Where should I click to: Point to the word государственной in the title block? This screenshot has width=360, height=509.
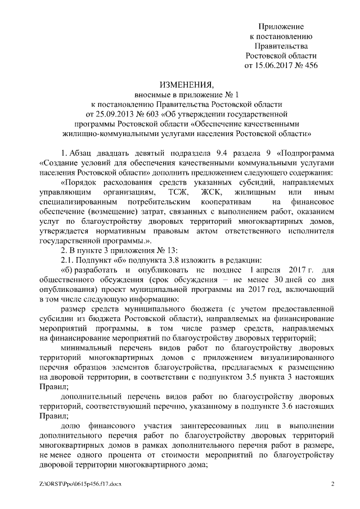[250, 114]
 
